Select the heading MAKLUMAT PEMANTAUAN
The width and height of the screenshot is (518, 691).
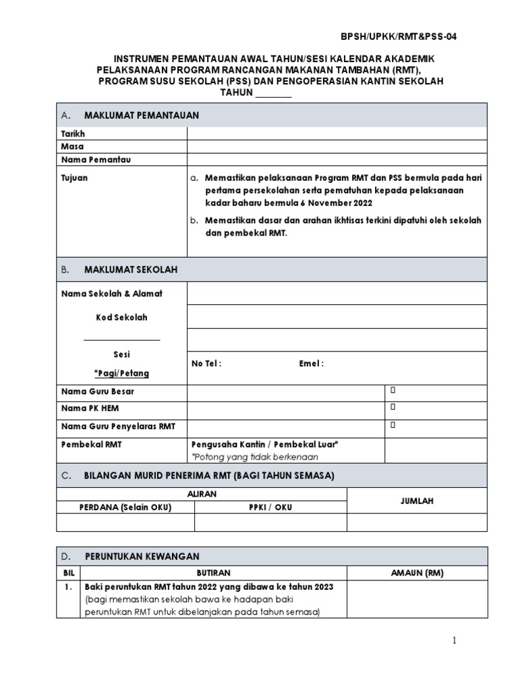tap(142, 115)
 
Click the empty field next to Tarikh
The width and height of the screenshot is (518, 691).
tap(336, 134)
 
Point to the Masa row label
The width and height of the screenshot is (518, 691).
tap(72, 146)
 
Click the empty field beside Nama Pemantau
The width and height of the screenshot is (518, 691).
tap(336, 160)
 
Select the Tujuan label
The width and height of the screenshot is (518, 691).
tap(74, 178)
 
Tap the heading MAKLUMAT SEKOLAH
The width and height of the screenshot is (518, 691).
tap(131, 269)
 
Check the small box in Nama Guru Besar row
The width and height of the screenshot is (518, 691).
tap(392, 391)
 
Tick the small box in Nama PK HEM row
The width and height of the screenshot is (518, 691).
tap(392, 407)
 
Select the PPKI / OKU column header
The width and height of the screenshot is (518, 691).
tap(270, 507)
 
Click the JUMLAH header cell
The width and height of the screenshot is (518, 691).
tap(416, 501)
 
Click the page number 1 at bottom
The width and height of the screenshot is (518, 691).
tap(455, 640)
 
